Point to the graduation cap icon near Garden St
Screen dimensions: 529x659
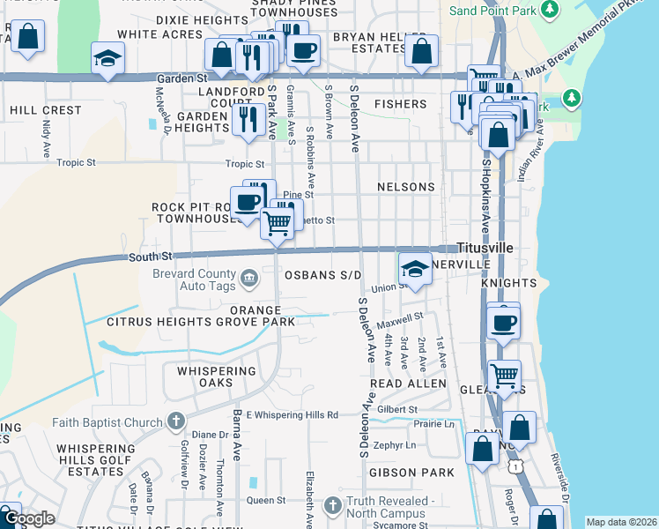click(x=107, y=59)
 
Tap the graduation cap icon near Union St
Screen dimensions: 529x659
click(x=415, y=270)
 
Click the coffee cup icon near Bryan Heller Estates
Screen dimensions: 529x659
click(x=303, y=50)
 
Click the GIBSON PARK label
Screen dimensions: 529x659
click(x=399, y=473)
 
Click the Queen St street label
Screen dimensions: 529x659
click(x=266, y=500)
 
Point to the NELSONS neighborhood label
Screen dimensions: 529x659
click(x=405, y=188)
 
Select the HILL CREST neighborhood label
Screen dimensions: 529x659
click(x=45, y=111)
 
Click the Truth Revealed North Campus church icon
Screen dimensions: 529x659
click(x=332, y=506)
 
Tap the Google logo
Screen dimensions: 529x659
click(x=29, y=518)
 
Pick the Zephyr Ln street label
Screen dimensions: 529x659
click(x=394, y=445)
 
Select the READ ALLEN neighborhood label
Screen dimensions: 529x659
click(x=408, y=384)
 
